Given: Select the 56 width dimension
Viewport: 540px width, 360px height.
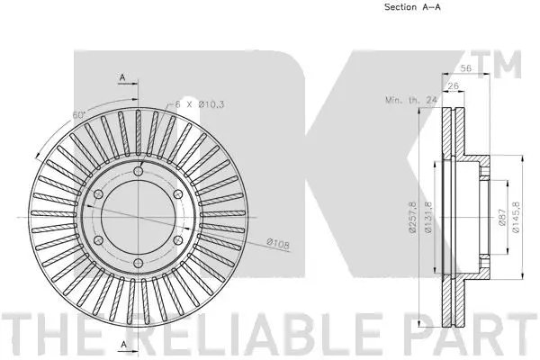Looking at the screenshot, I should tap(466, 68).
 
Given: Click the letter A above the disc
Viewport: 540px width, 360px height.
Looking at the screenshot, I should tap(121, 78).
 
